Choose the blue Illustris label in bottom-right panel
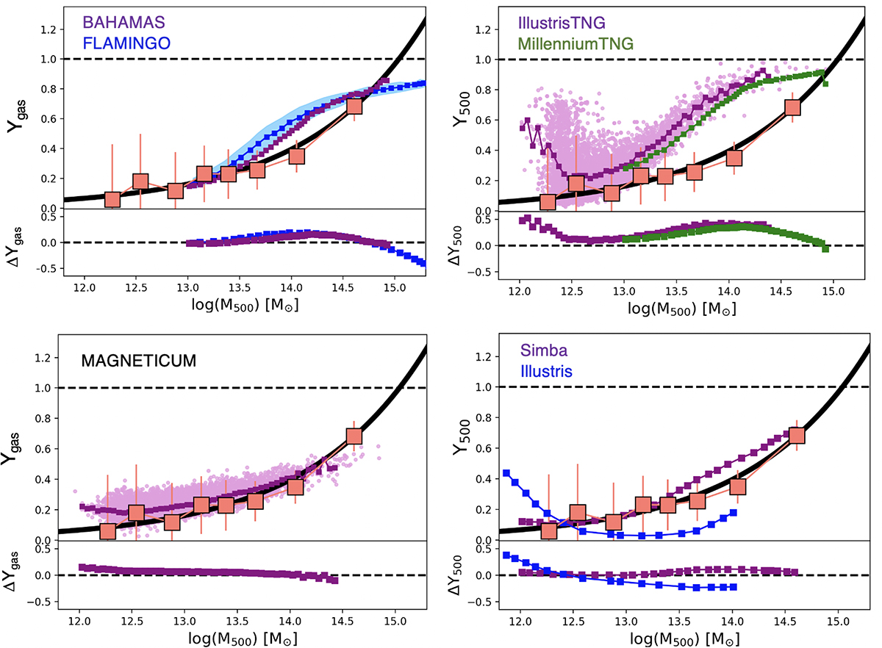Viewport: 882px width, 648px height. coord(545,372)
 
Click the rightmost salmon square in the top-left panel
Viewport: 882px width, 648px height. coord(354,107)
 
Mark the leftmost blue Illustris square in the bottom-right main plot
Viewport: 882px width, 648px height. coord(506,473)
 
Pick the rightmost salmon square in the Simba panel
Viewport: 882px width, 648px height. coord(795,436)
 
